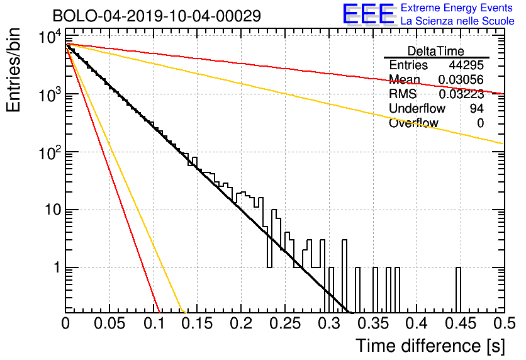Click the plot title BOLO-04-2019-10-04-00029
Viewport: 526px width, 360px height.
[157, 16]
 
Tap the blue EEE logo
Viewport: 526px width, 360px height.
[368, 14]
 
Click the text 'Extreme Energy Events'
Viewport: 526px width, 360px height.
[457, 8]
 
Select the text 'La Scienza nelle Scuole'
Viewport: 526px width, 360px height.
[457, 21]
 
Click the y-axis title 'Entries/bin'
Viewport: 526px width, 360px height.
[13, 70]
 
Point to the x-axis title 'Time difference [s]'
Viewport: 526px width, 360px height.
[430, 346]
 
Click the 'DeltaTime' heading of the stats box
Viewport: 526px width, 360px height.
[436, 51]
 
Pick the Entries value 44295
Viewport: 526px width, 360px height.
[466, 65]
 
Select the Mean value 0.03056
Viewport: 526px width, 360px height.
[461, 80]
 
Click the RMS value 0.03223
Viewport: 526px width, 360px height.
[461, 94]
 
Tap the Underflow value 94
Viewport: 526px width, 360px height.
[477, 108]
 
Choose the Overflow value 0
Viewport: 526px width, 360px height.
[480, 123]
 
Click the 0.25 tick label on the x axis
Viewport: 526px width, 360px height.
[285, 323]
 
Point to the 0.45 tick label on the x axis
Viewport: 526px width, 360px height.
[461, 323]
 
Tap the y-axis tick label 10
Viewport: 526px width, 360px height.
[53, 210]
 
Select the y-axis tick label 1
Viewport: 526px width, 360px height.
[57, 268]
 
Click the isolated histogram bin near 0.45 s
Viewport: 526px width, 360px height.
[458, 290]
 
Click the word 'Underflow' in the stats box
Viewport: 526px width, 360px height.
[417, 108]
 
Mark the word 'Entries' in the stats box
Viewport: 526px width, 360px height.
[408, 65]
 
